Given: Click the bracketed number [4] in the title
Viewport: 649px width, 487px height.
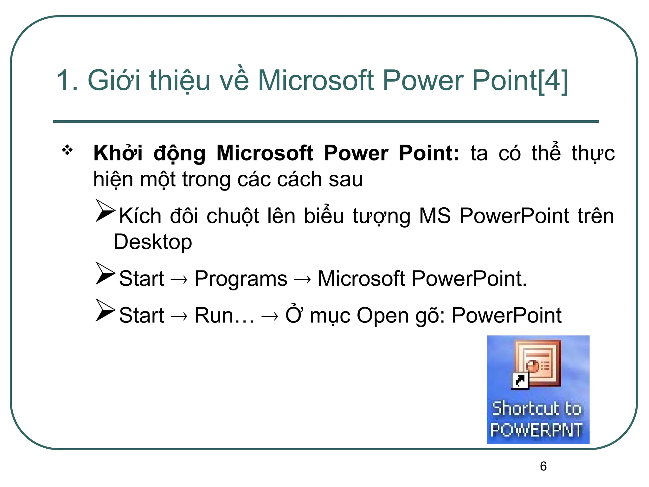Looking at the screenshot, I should coord(553,81).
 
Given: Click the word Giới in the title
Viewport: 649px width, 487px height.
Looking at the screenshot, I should coord(114,81).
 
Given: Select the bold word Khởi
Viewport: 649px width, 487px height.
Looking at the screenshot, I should coord(118,153).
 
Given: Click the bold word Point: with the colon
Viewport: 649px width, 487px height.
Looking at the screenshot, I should coord(429,153).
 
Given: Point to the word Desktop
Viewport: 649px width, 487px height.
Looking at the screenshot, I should coord(153,242).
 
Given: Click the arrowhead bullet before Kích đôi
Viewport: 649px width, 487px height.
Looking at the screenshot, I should coord(105,211).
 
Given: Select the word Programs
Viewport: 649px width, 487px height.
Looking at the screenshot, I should coord(241,279).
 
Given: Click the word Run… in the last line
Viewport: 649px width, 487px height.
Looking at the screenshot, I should coord(224,315).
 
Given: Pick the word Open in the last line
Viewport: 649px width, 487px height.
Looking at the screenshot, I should coord(382,316).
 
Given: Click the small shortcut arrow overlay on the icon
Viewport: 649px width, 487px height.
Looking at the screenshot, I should coord(520,380).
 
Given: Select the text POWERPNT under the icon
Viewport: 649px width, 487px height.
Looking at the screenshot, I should coord(537,430).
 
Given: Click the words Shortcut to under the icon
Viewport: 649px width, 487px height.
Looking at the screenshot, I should coord(537,408).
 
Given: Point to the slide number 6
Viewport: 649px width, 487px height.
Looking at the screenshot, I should coord(543,466).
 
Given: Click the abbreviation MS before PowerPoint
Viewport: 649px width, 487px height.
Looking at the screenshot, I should coord(435,216).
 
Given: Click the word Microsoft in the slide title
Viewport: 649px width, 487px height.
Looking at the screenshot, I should coord(316,81).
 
